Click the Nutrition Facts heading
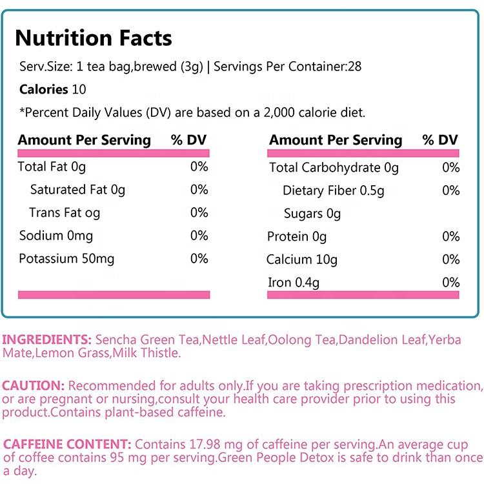tap(94, 38)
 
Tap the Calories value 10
tap(79, 90)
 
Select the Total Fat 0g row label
tap(52, 167)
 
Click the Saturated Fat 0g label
tap(77, 190)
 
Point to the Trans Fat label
tap(65, 213)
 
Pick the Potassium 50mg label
tap(66, 259)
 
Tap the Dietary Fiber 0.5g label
tap(333, 190)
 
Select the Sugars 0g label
tap(312, 214)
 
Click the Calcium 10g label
tap(302, 259)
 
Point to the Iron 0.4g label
tap(294, 283)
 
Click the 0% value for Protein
tap(450, 237)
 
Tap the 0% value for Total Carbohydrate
tap(450, 168)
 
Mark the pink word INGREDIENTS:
tap(46, 339)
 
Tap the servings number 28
tap(354, 66)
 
